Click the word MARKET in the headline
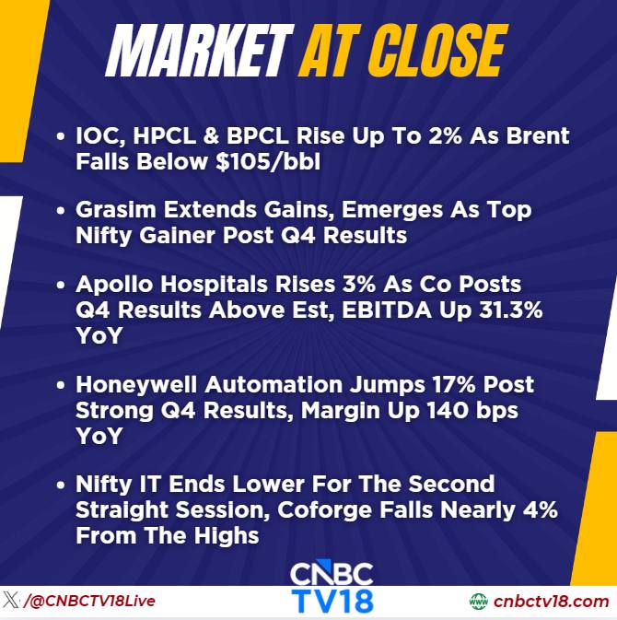pyautogui.click(x=200, y=51)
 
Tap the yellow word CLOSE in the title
pyautogui.click(x=438, y=51)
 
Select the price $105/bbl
pyautogui.click(x=268, y=162)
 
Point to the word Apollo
pyautogui.click(x=114, y=284)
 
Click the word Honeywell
pyautogui.click(x=136, y=385)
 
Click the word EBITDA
pyautogui.click(x=387, y=310)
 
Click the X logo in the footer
pyautogui.click(x=11, y=601)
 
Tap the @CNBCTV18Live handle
pyautogui.click(x=89, y=601)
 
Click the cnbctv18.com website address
pyautogui.click(x=551, y=602)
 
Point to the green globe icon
pyautogui.click(x=479, y=602)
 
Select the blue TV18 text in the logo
pyautogui.click(x=332, y=602)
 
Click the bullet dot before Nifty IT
pyautogui.click(x=61, y=485)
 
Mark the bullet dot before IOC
pyautogui.click(x=61, y=136)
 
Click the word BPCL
pyautogui.click(x=257, y=135)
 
